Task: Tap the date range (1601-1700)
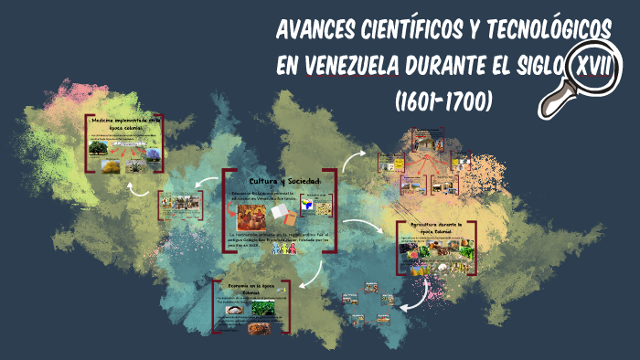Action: click(443, 100)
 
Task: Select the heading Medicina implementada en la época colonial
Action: click(123, 124)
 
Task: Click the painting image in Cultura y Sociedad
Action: click(252, 217)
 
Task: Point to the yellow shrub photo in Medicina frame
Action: click(111, 166)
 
